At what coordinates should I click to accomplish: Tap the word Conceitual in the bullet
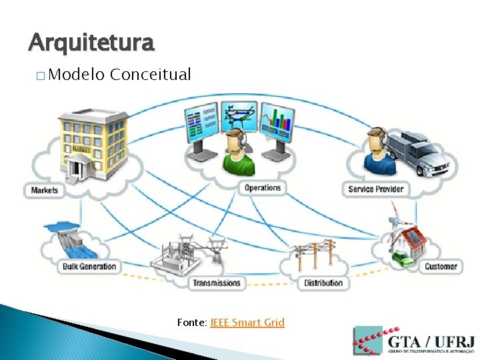tap(151, 74)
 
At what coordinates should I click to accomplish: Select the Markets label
tap(45, 190)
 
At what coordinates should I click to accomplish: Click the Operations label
tap(262, 188)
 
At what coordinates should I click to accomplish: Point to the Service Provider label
tap(376, 189)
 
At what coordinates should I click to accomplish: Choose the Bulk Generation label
tap(89, 267)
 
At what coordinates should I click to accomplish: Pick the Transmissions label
tap(216, 283)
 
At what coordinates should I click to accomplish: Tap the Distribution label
tap(323, 283)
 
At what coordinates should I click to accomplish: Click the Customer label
tap(441, 267)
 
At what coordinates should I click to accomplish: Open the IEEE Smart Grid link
tap(247, 323)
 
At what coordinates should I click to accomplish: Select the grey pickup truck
tap(417, 153)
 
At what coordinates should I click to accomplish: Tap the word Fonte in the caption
tap(191, 323)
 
